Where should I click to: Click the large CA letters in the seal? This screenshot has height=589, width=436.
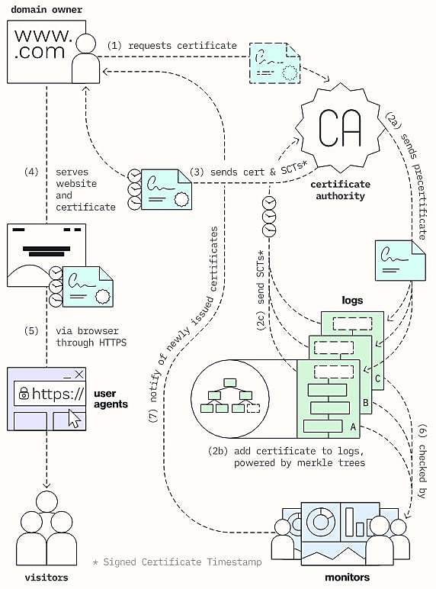(339, 127)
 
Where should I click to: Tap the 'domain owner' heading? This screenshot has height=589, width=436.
(46, 9)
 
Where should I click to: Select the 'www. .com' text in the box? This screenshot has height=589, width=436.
(42, 43)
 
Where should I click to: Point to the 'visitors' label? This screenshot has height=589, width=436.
(46, 578)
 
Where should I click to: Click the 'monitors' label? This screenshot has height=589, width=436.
(347, 578)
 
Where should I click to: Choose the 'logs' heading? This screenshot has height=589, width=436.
(352, 301)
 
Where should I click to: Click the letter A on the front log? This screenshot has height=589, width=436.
(353, 427)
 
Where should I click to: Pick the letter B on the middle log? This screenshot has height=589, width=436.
(365, 403)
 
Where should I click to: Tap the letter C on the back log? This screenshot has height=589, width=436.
(377, 378)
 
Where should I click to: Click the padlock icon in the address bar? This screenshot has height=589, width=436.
(24, 393)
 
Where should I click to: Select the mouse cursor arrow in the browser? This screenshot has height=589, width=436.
(75, 418)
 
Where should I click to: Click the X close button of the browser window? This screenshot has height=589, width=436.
(79, 374)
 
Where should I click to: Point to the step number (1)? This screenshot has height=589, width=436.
(114, 46)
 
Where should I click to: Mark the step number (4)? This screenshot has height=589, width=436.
(31, 172)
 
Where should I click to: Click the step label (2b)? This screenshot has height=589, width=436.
(218, 451)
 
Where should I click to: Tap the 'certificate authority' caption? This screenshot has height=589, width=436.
(340, 190)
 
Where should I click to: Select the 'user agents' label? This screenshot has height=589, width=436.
(111, 399)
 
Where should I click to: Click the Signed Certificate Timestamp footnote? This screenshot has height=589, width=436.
(177, 562)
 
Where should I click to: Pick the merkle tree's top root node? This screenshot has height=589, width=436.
(229, 383)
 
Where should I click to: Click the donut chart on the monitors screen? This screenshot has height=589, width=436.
(321, 521)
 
